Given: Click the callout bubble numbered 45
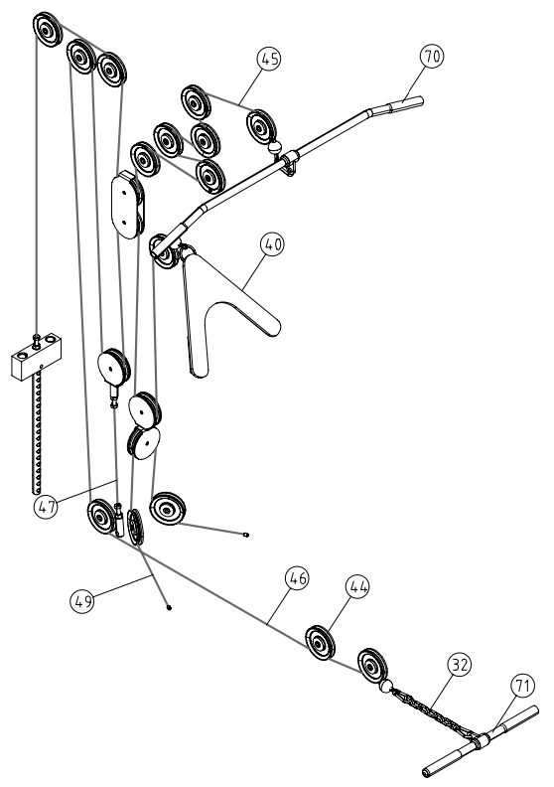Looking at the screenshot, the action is point(269,59).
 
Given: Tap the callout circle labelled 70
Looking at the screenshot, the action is point(432,56).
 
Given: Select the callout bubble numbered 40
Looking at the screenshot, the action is point(273,244).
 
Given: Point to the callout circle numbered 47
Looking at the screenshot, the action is point(47,507).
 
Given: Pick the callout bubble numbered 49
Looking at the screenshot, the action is point(82,600).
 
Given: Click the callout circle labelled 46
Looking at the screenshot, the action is point(297,578).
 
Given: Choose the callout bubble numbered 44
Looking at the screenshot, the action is point(357,586).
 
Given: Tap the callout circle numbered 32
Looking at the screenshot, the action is point(460,665).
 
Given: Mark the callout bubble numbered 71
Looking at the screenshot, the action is point(523,685).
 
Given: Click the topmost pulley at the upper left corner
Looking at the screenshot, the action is point(47,30).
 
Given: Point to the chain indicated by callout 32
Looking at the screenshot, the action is point(431,711).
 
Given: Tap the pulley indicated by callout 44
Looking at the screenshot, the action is point(321,644).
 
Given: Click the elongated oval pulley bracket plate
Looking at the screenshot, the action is point(127,205).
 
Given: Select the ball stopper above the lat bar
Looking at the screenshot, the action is point(275,147).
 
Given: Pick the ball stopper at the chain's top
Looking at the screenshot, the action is point(386,686).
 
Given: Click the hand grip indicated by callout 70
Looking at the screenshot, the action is point(406,104).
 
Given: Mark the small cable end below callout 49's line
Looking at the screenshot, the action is point(169,607).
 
